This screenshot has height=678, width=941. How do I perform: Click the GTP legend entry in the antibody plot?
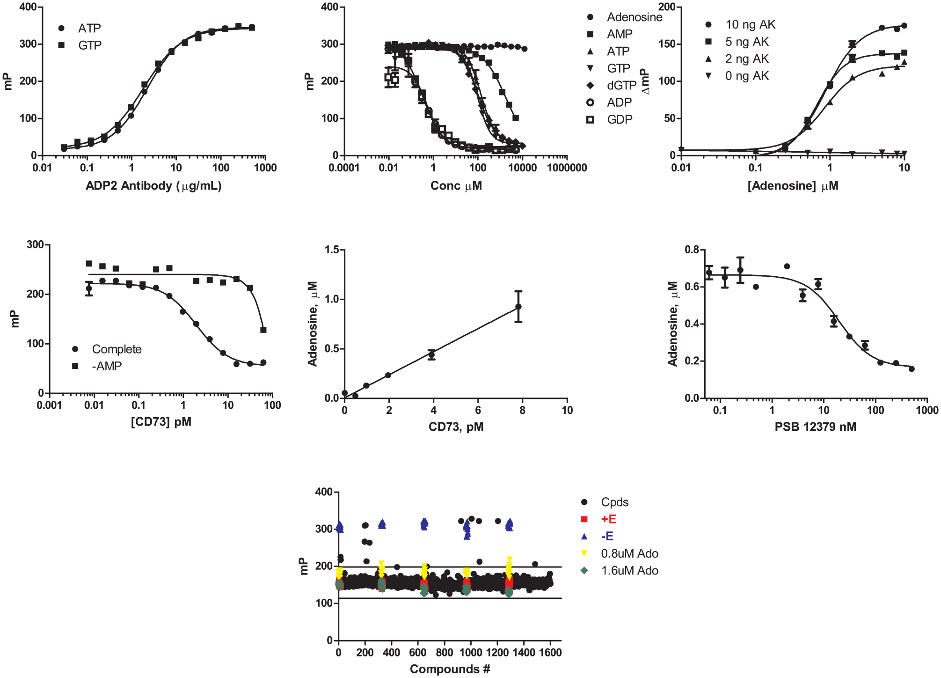pyautogui.click(x=80, y=45)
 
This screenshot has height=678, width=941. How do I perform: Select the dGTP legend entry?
pyautogui.click(x=612, y=85)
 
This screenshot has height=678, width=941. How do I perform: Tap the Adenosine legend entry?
pyautogui.click(x=624, y=17)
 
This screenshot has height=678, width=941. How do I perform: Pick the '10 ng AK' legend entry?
pyautogui.click(x=740, y=24)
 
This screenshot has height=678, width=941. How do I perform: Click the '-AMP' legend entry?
pyautogui.click(x=97, y=366)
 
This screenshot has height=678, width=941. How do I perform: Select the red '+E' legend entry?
pyautogui.click(x=598, y=519)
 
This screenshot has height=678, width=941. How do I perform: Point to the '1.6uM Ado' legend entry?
pyautogui.click(x=620, y=571)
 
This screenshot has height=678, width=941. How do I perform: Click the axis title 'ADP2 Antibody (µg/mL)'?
pyautogui.click(x=153, y=186)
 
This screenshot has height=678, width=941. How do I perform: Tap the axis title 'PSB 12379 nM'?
pyautogui.click(x=816, y=427)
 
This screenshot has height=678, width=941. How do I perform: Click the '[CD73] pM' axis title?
pyautogui.click(x=161, y=422)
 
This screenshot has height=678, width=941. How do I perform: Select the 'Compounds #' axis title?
pyautogui.click(x=450, y=669)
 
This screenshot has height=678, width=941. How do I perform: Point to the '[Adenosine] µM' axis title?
pyautogui.click(x=793, y=186)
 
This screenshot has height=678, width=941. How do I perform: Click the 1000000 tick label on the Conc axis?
pyautogui.click(x=567, y=168)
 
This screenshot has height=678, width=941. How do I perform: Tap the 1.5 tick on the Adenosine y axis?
pyautogui.click(x=332, y=250)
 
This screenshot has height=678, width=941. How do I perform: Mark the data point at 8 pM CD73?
pyautogui.click(x=518, y=307)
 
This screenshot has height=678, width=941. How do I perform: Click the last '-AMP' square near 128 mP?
pyautogui.click(x=263, y=330)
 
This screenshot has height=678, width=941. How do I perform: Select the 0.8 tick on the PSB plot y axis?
pyautogui.click(x=692, y=250)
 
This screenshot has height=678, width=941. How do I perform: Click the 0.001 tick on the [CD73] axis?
pyautogui.click(x=50, y=405)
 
